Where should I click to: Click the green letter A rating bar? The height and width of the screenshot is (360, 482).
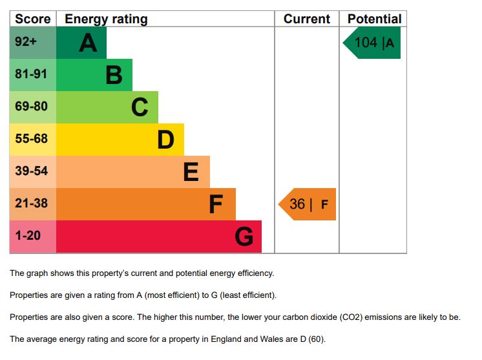coord(81,43)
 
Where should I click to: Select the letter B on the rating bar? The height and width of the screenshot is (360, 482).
coord(114,75)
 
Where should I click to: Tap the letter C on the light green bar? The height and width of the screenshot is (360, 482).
coord(140,107)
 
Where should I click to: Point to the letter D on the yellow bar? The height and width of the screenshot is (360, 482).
coord(166,140)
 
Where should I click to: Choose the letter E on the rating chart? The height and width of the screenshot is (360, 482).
coord(191,172)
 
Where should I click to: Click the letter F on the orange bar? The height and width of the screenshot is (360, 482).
coord(216,204)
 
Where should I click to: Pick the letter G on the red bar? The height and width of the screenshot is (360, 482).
coord(244,237)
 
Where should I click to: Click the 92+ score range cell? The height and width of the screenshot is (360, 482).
coord(32,43)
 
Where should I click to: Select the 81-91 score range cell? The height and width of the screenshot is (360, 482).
coord(32,75)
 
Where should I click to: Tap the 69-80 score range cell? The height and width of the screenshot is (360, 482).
coord(32,107)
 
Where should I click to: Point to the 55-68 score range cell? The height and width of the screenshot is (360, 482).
coord(32,140)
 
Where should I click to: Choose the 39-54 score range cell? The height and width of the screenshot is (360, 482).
coord(32,172)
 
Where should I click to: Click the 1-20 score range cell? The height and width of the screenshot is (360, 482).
coord(32,237)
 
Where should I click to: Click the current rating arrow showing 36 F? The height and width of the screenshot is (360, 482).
coord(308,204)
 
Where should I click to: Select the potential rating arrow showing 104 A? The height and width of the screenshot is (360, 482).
coord(373,43)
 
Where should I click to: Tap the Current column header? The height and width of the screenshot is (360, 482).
coord(307,19)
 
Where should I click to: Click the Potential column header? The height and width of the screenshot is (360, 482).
coord(374,19)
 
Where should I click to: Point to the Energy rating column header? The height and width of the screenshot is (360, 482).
coord(106,19)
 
